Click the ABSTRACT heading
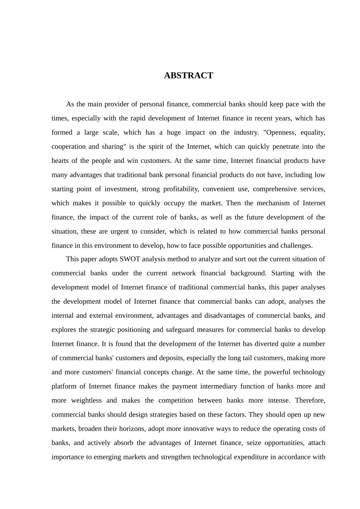[188, 76]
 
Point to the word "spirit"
[156, 147]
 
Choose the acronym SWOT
[130, 259]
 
